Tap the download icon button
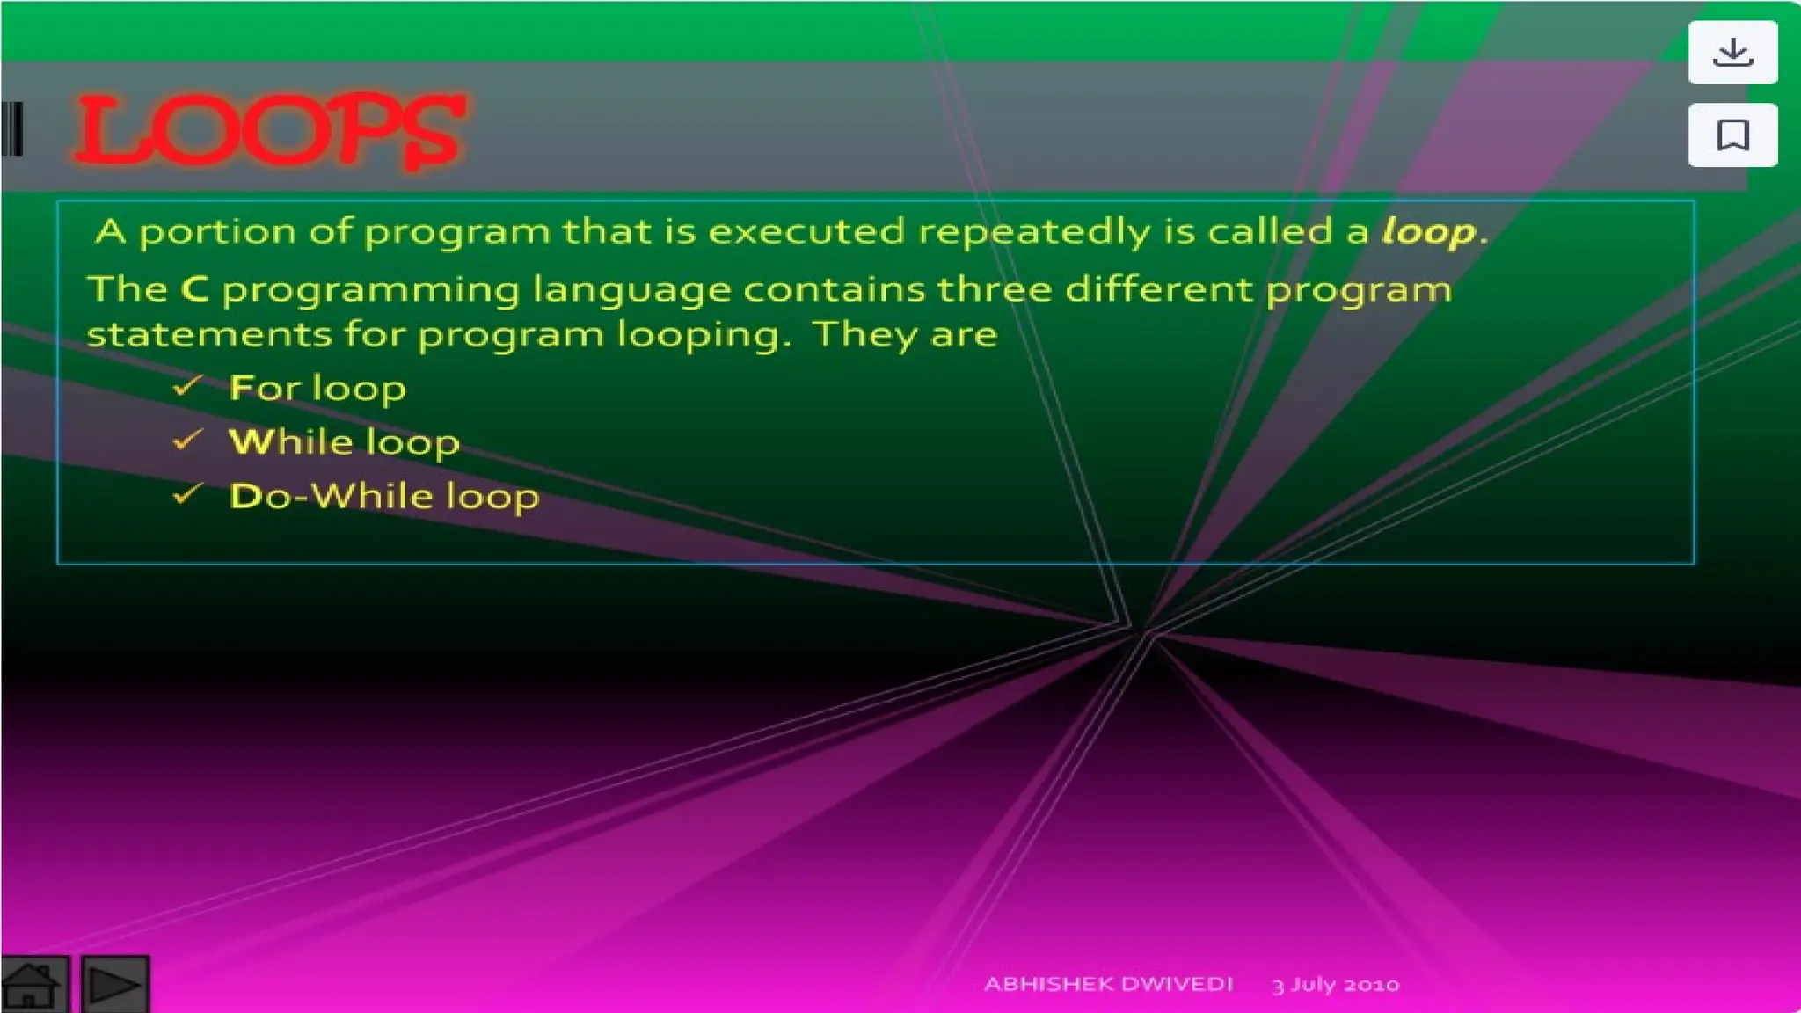1732,53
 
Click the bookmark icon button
1732,135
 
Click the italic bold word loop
1428,232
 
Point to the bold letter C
194,289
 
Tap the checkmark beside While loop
188,439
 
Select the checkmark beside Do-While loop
188,493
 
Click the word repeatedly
1034,232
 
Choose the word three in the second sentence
994,289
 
